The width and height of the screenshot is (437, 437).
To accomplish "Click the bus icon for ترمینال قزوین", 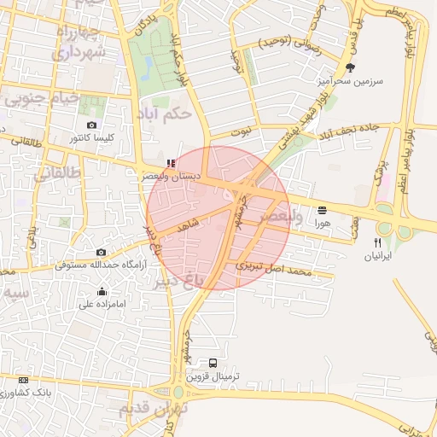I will pyautogui.click(x=213, y=363).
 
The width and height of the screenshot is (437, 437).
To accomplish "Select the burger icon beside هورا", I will pyautogui.click(x=322, y=210).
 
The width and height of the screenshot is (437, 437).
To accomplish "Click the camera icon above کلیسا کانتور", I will pyautogui.click(x=91, y=125).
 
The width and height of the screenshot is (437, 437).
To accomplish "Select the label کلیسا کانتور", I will pyautogui.click(x=93, y=137).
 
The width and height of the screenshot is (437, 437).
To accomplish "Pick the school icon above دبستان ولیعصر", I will pyautogui.click(x=172, y=162).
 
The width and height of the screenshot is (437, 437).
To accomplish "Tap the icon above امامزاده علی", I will pyautogui.click(x=102, y=291).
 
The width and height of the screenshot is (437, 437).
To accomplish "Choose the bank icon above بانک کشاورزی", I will pyautogui.click(x=22, y=380).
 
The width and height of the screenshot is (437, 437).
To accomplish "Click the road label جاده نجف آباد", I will pyautogui.click(x=353, y=132).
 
